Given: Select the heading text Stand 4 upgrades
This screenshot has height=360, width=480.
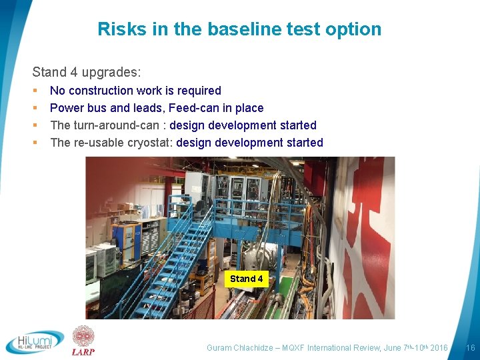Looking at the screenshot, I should click(x=87, y=71).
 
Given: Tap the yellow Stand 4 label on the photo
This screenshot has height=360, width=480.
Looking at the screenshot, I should click(x=247, y=279).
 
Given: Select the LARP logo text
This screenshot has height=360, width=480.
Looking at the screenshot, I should click(x=83, y=352).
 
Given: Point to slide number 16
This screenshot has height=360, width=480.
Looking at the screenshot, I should click(x=470, y=348).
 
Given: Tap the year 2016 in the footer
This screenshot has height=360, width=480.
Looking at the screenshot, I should click(x=439, y=348).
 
